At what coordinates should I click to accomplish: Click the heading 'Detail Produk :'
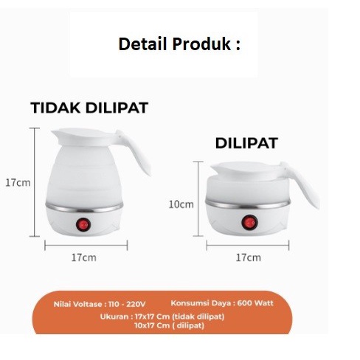pyautogui.click(x=179, y=44)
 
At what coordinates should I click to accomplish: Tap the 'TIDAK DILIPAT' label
pyautogui.click(x=89, y=108)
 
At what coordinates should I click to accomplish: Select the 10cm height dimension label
pyautogui.click(x=181, y=204)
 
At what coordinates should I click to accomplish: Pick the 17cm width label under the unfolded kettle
pyautogui.click(x=83, y=257)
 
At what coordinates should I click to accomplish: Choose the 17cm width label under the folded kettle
pyautogui.click(x=248, y=257)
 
